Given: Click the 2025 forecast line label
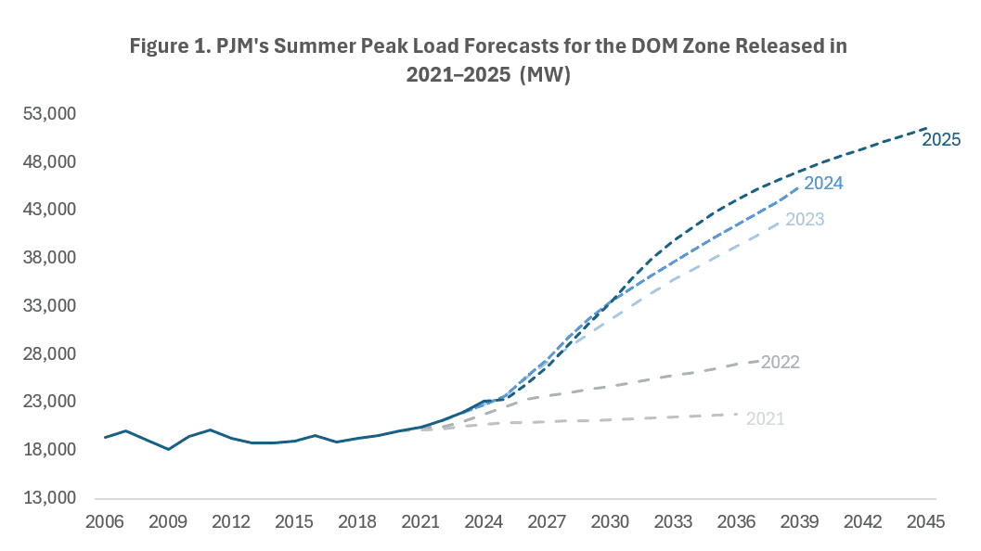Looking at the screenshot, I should coord(940,140).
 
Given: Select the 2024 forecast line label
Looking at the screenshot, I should coord(823,184).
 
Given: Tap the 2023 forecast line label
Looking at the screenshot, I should coord(805,220).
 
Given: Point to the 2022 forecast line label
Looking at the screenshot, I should coord(780,363).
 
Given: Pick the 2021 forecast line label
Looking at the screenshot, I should coord(765,419).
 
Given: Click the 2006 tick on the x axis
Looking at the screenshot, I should coord(105,522).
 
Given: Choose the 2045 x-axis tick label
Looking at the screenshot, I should coord(925,522).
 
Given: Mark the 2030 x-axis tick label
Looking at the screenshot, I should coord(610,522).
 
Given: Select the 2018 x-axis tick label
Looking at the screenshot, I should coord(357,522).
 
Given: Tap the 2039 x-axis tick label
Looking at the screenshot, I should coord(799,522).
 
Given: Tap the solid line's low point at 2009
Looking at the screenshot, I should coord(168,449).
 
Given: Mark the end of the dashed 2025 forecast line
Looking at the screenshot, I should coord(926,128).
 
